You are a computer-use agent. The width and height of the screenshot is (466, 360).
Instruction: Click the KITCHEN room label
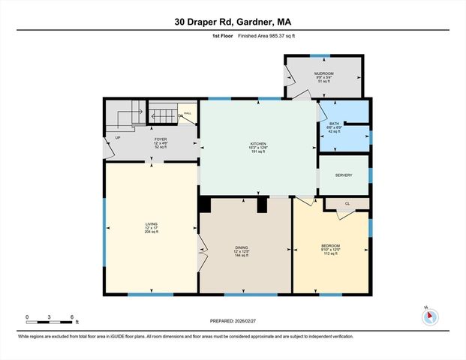coord(258,143)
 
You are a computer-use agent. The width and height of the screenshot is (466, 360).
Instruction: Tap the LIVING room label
coord(152,223)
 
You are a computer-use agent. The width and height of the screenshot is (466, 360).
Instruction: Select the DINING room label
coord(242,247)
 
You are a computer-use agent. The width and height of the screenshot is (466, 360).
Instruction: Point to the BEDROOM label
coord(330,246)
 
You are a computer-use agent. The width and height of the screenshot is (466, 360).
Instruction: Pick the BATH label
coord(334,123)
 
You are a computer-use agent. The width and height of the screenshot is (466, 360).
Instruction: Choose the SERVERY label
coord(344,175)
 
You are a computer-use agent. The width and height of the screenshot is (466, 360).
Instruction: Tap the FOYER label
coord(160,139)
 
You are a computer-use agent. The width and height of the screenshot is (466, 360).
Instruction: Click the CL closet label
coord(347,203)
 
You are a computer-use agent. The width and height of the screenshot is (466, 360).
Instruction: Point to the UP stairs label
coord(118,138)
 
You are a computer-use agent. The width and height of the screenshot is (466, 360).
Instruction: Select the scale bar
coord(49,322)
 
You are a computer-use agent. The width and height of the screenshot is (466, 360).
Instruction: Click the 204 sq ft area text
coord(152,232)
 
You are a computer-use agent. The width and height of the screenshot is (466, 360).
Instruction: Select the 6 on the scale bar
coord(71,316)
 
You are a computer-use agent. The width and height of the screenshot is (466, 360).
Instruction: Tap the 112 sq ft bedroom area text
coord(330,255)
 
